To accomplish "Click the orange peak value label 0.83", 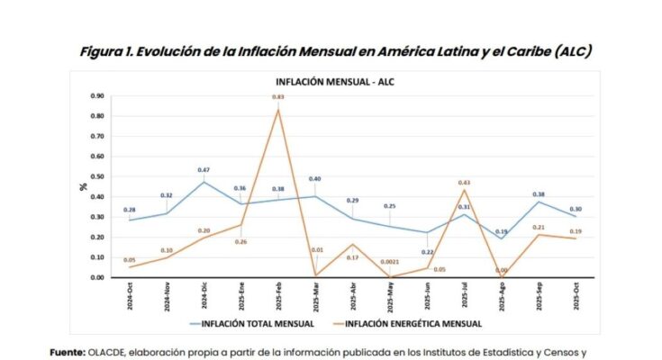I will [279, 97].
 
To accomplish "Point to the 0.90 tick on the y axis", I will [98, 95].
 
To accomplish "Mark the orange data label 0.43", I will [465, 183].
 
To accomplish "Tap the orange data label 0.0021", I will [390, 260].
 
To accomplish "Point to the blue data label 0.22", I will [427, 253].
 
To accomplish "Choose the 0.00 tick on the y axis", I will [98, 277].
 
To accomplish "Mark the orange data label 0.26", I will [241, 242].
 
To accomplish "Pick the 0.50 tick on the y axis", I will [98, 176].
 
